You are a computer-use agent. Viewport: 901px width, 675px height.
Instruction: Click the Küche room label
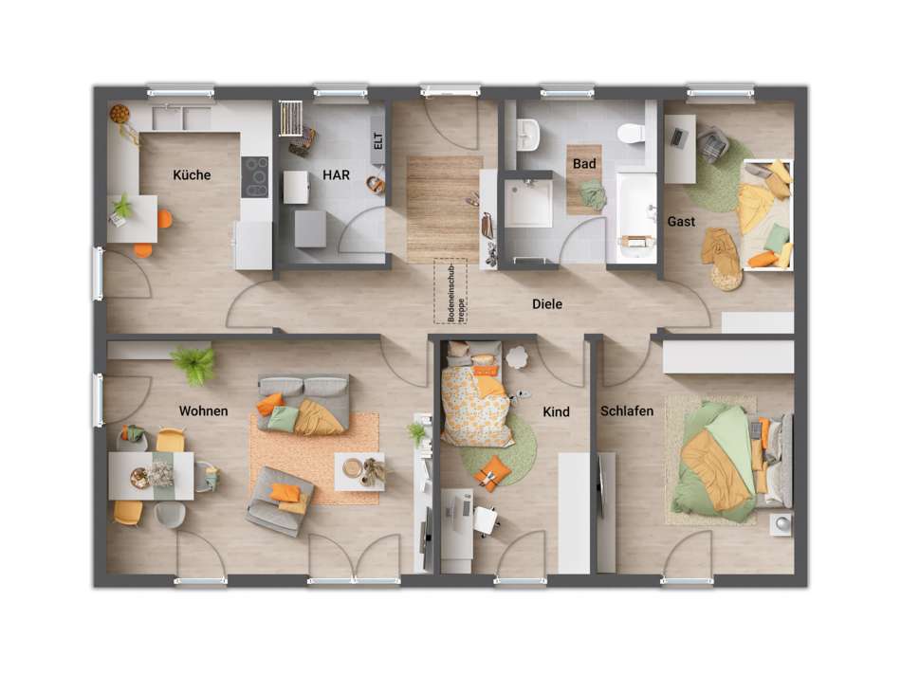coord(192,174)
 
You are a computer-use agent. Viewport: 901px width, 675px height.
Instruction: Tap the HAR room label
coord(337,175)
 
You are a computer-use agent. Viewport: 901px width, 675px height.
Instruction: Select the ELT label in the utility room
coord(377,142)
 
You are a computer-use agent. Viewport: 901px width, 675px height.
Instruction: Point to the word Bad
coord(584,163)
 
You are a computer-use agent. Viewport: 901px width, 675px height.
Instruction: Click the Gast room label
coord(681,221)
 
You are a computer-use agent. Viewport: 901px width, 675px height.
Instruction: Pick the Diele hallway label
coord(546,304)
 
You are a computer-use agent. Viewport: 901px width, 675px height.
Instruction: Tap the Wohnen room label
coord(203,410)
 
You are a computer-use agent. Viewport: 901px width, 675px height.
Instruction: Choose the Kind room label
coord(556,411)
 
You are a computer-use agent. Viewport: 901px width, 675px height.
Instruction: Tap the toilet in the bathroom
coord(630,134)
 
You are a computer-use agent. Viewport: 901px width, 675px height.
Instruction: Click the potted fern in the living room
coord(194,364)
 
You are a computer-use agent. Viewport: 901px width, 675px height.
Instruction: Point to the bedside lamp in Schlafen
coord(781,522)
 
